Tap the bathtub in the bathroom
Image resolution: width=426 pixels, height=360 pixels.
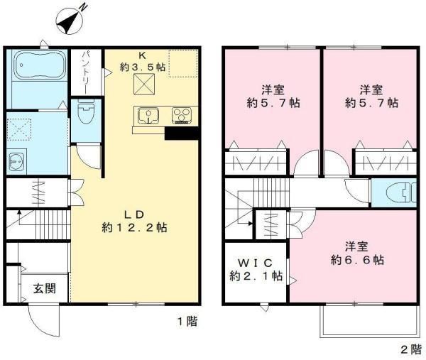click(x=39, y=65)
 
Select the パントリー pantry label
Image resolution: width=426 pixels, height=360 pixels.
click(x=84, y=72)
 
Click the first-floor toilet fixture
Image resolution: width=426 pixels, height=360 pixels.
click(x=86, y=111)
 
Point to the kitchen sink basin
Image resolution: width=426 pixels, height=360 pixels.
click(x=148, y=116)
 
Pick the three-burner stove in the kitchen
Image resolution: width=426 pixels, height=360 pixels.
click(x=182, y=116)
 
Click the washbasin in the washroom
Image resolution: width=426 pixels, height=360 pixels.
click(x=16, y=161)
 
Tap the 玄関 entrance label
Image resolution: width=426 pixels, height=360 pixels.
click(x=45, y=288)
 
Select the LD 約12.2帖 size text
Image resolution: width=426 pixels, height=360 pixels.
click(x=134, y=221)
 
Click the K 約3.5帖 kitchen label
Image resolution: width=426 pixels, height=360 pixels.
click(x=143, y=62)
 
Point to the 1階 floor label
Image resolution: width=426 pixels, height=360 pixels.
click(x=187, y=322)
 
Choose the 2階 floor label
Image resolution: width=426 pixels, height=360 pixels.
click(x=411, y=349)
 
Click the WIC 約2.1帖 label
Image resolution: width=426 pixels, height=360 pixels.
click(x=256, y=270)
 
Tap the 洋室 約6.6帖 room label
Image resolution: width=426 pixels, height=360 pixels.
click(x=357, y=253)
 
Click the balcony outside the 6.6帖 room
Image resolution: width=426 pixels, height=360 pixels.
click(x=368, y=321)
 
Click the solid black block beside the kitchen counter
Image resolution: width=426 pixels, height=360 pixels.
click(x=182, y=133)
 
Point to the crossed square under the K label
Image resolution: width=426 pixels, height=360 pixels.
click(x=144, y=84)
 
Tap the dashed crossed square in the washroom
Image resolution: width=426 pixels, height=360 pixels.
click(x=19, y=129)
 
